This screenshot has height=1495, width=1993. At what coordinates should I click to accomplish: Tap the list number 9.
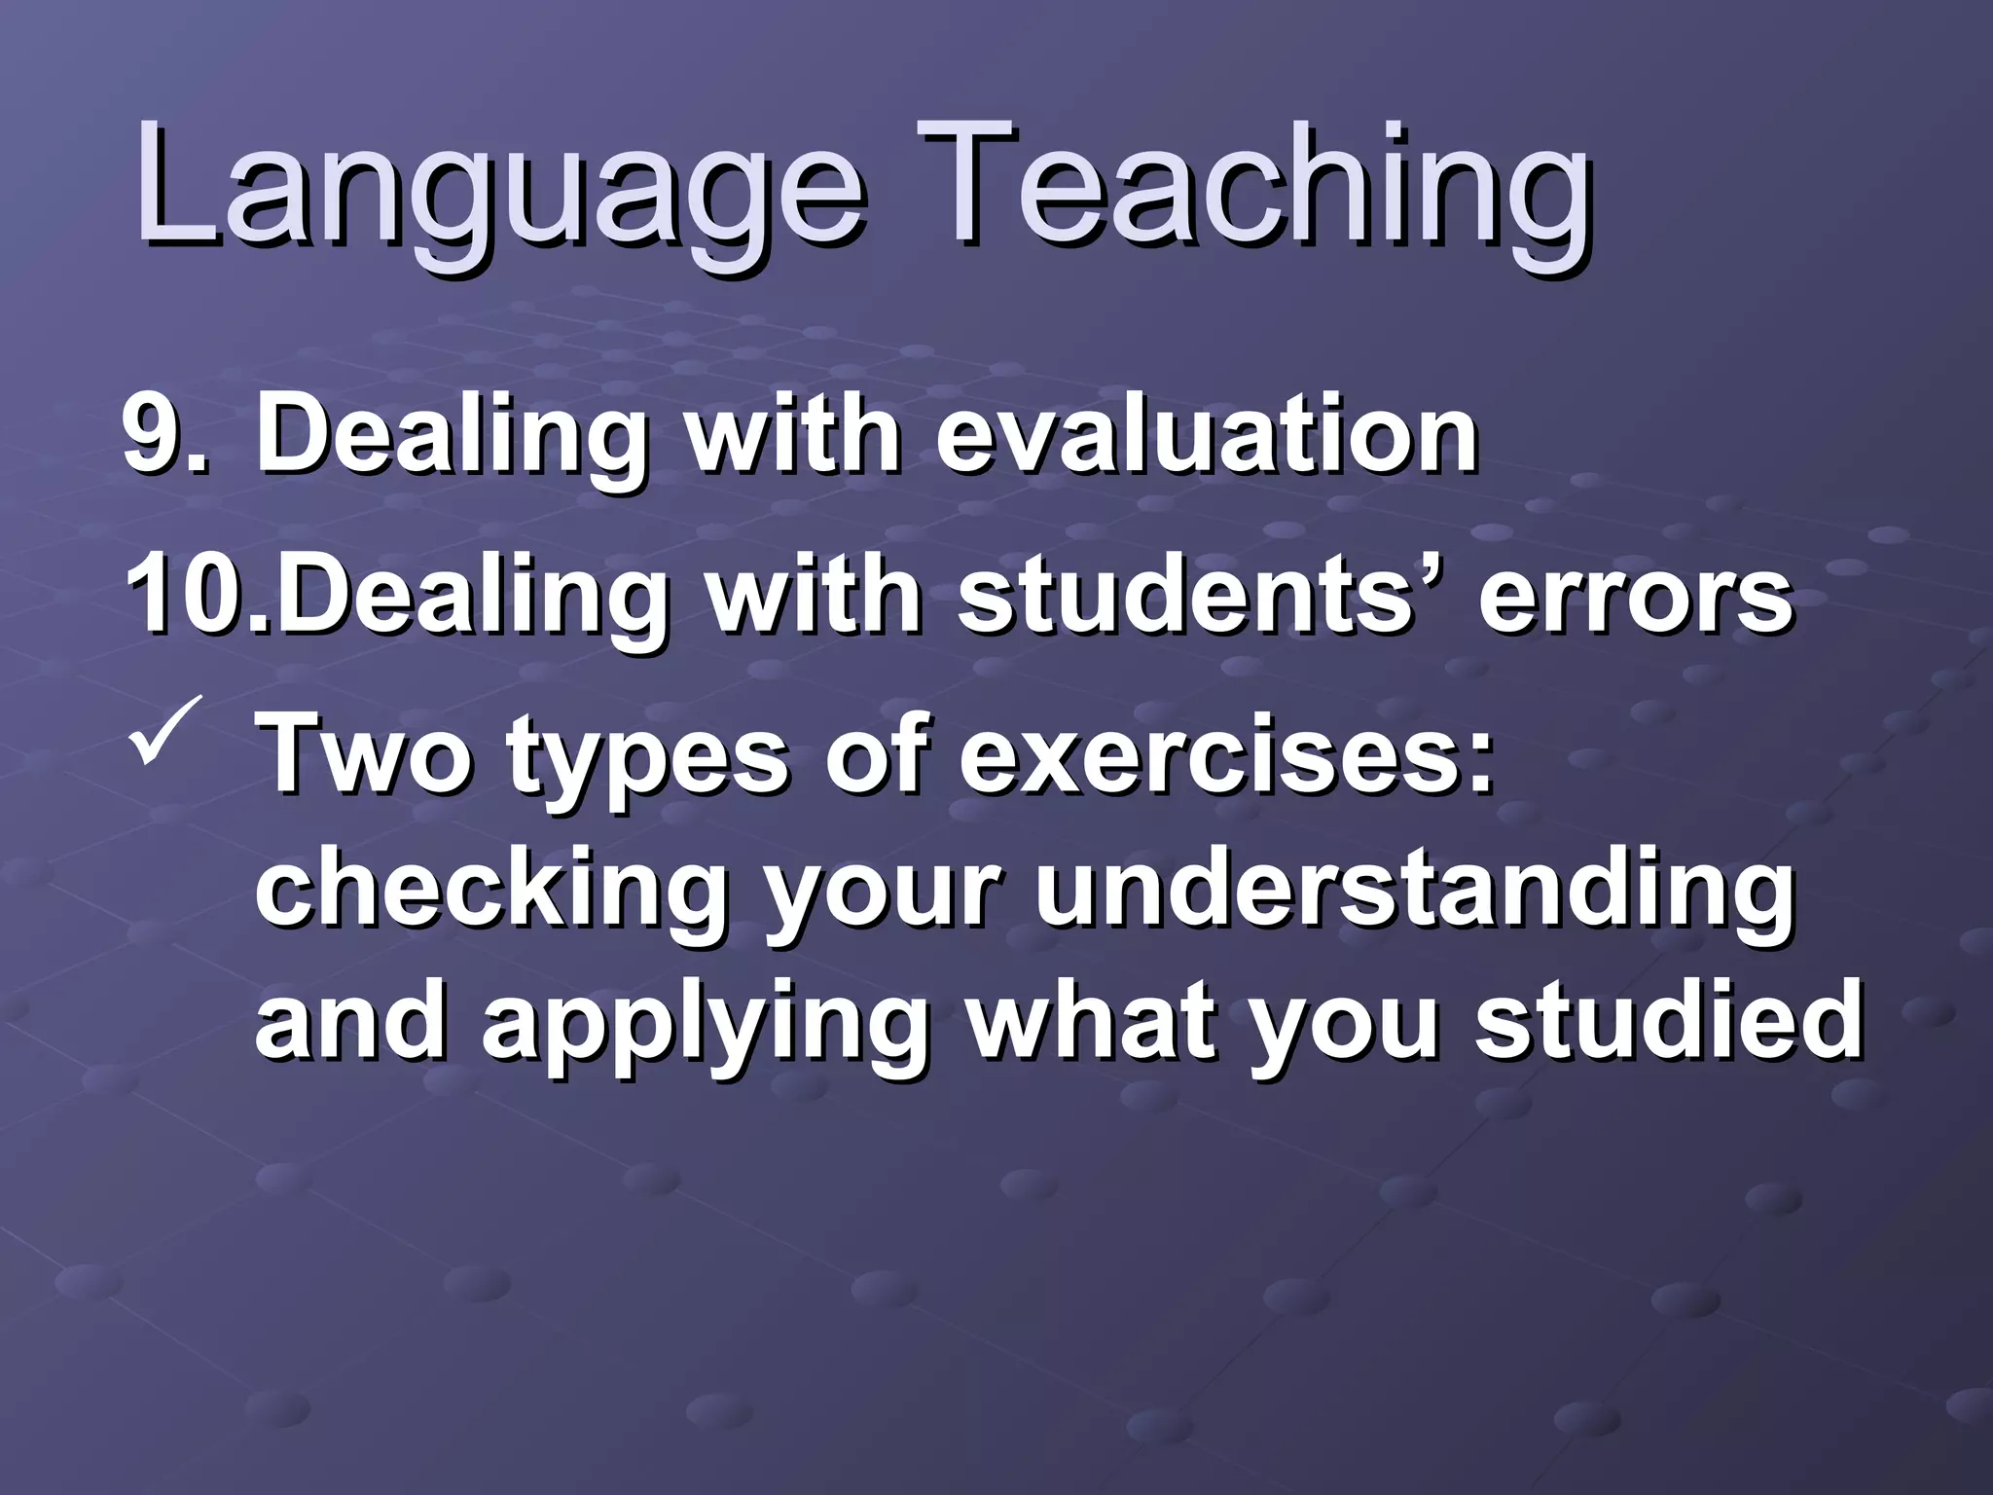pyautogui.click(x=162, y=434)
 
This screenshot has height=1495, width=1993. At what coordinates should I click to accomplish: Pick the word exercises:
pyautogui.click(x=1226, y=754)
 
